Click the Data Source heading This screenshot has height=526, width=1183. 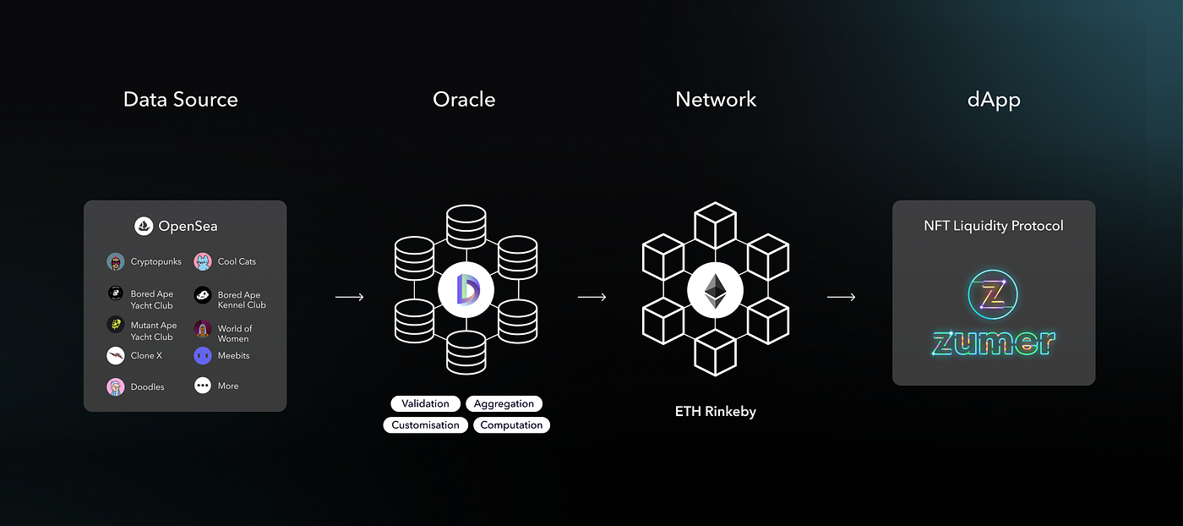[x=180, y=100]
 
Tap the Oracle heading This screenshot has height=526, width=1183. [x=464, y=100]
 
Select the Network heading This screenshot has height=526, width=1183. [x=716, y=100]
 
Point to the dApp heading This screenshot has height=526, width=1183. [x=994, y=100]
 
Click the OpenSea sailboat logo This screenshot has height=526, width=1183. [x=144, y=227]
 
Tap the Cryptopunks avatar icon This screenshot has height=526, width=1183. [x=116, y=262]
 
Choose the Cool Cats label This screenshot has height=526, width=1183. [x=237, y=262]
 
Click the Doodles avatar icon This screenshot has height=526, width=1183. [x=116, y=386]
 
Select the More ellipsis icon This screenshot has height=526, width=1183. [x=203, y=386]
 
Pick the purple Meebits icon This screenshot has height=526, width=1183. [x=203, y=356]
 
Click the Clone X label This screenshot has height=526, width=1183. [x=146, y=356]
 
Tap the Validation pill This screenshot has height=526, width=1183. [x=426, y=404]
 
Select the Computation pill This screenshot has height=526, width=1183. [x=511, y=425]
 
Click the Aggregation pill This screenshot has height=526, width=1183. [x=504, y=404]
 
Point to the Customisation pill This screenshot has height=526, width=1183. [x=426, y=425]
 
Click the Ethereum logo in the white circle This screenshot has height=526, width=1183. [x=715, y=292]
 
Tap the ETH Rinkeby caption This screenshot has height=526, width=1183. [x=715, y=412]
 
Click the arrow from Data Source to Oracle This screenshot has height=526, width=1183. [x=349, y=297]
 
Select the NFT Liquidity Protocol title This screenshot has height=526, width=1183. [x=994, y=226]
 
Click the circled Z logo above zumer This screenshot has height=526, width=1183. [x=993, y=295]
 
